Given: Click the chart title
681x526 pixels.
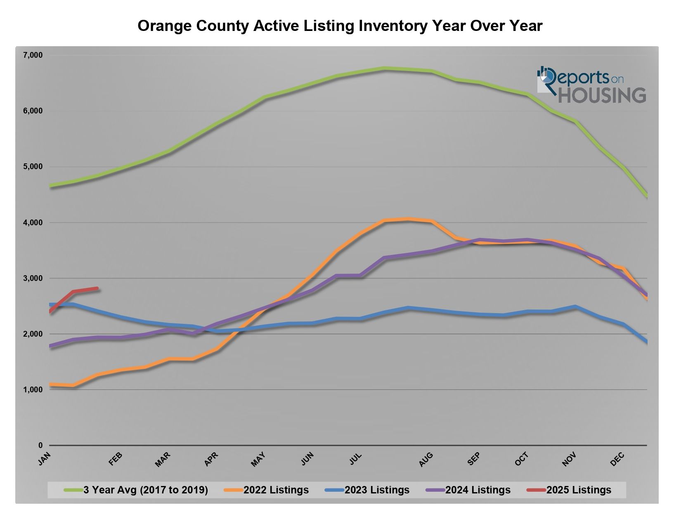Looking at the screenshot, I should pyautogui.click(x=340, y=26).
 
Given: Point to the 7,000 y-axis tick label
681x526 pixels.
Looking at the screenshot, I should pyautogui.click(x=33, y=55).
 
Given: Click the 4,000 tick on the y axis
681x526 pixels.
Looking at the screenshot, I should pyautogui.click(x=33, y=223).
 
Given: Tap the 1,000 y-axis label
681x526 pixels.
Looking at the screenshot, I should pyautogui.click(x=33, y=390).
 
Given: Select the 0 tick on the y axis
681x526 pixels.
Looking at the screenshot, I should pyautogui.click(x=40, y=446).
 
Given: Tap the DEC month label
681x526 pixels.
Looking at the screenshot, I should pyautogui.click(x=617, y=459).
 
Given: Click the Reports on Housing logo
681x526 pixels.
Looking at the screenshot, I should pyautogui.click(x=591, y=85).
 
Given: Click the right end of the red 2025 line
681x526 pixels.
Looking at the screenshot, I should pyautogui.click(x=97, y=288).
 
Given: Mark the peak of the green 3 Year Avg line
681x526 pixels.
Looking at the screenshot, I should pyautogui.click(x=384, y=68).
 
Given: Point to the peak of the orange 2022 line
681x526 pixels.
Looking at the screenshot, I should pyautogui.click(x=408, y=219).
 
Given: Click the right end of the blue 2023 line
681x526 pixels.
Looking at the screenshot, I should pyautogui.click(x=646, y=342).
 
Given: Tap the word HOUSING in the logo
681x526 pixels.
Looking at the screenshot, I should pyautogui.click(x=602, y=95).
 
